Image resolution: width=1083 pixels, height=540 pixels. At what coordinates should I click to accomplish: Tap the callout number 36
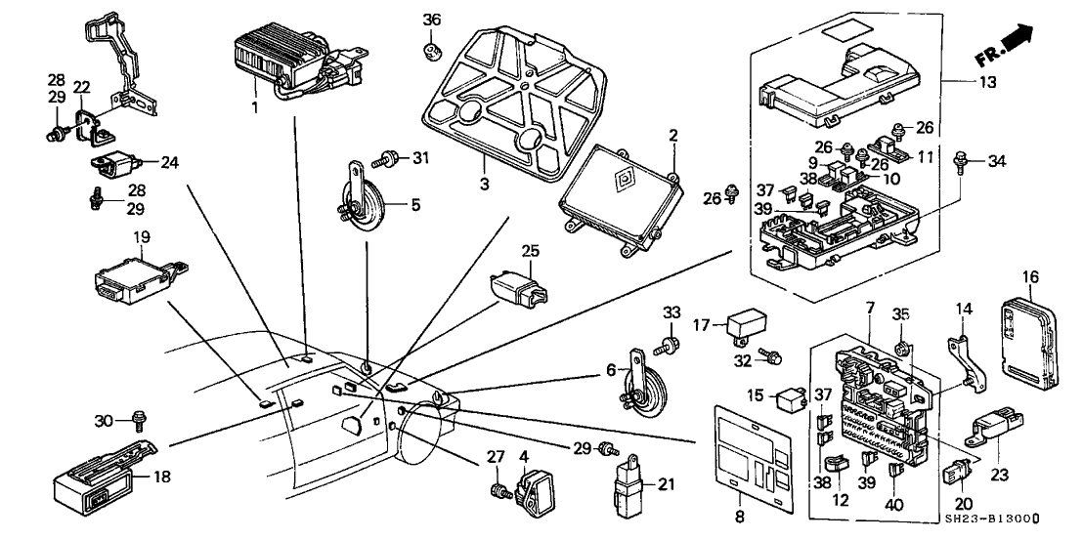click(432, 20)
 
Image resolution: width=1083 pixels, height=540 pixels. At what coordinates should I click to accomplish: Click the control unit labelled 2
click(615, 199)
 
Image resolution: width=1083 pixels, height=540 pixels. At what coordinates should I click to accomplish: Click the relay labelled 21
click(630, 482)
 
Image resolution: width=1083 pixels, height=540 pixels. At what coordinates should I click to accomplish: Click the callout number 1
click(254, 105)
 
